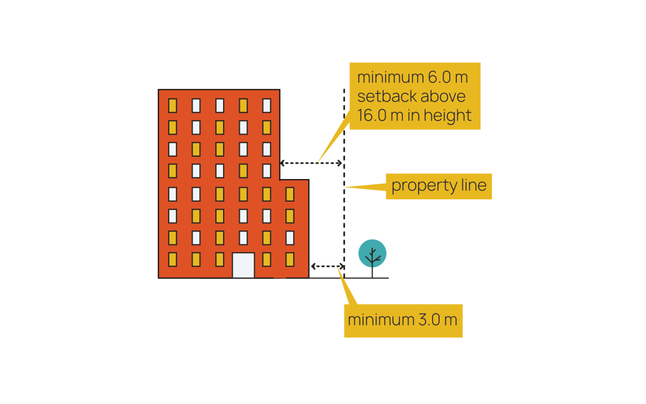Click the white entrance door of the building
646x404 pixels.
point(243,265)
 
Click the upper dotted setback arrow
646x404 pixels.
point(311,163)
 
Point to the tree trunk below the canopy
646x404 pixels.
point(372,271)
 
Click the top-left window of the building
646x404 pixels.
point(172,106)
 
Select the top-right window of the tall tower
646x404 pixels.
point(267,106)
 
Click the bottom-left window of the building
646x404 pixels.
point(172,259)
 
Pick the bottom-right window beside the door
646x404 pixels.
point(290,259)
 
